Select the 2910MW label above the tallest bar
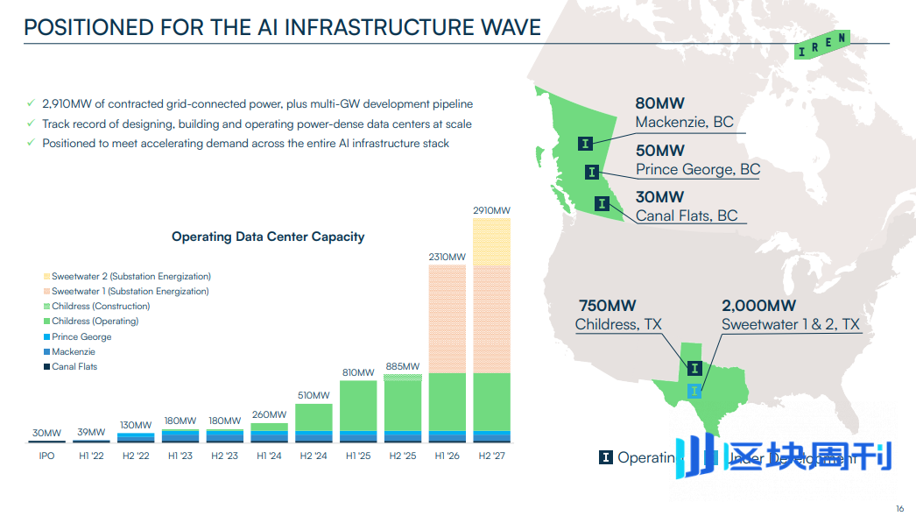click(490, 210)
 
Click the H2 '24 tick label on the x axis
click(313, 456)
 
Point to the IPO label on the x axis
click(46, 456)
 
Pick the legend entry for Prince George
click(81, 336)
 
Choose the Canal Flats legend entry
click(74, 366)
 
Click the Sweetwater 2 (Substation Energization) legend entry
click(130, 276)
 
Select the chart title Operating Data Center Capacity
click(268, 237)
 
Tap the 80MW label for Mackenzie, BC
click(660, 103)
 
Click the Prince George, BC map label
click(698, 169)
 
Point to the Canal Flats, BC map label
click(687, 216)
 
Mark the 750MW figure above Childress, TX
click(607, 306)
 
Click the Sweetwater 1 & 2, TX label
click(791, 325)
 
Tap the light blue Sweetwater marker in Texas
click(694, 390)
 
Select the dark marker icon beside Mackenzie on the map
click(585, 143)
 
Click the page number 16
click(899, 509)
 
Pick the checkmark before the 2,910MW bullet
click(31, 104)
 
